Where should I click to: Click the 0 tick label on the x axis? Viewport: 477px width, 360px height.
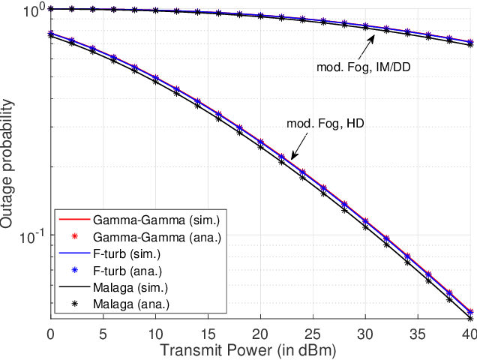pos(50,334)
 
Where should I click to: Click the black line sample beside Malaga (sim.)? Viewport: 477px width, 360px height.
pos(74,287)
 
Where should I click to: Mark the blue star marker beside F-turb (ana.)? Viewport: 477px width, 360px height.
pos(74,270)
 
